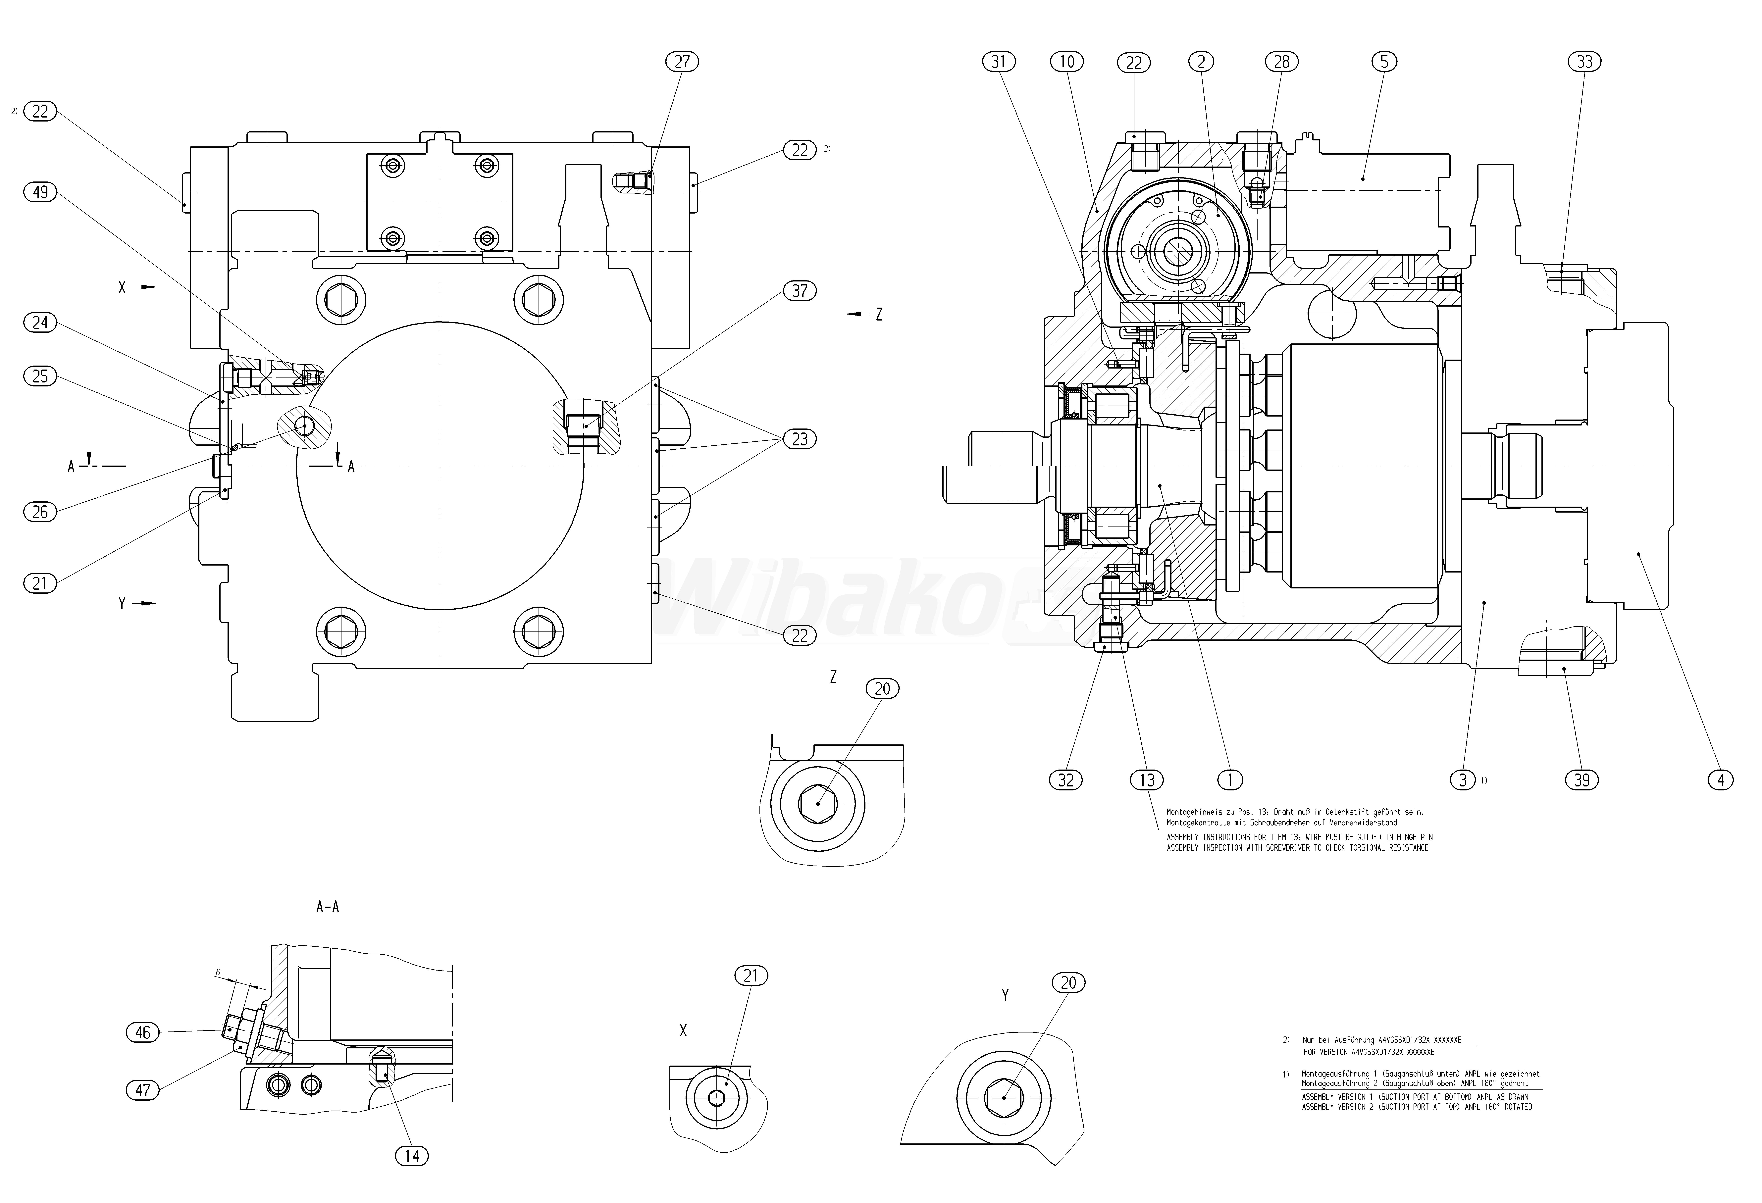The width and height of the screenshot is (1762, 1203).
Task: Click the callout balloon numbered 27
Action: [x=682, y=61]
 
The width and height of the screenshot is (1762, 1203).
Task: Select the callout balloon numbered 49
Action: [x=40, y=192]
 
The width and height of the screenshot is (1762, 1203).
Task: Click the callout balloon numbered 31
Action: [x=999, y=61]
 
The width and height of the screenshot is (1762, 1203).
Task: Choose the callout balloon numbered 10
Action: [x=1067, y=61]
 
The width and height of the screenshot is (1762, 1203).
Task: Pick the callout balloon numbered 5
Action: [x=1384, y=61]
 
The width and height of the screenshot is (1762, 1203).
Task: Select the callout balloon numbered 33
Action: [x=1585, y=61]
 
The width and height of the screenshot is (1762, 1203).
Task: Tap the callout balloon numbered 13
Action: [x=1146, y=779]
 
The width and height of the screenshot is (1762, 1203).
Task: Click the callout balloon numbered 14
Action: [x=412, y=1156]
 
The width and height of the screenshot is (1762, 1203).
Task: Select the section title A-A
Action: [x=328, y=907]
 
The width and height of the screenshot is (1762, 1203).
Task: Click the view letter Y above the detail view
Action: [x=1005, y=995]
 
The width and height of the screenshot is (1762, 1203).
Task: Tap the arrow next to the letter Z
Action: [x=858, y=314]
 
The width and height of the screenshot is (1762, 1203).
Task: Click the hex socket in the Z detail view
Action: [x=817, y=804]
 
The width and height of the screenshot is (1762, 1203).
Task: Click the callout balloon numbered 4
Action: [x=1720, y=779]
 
